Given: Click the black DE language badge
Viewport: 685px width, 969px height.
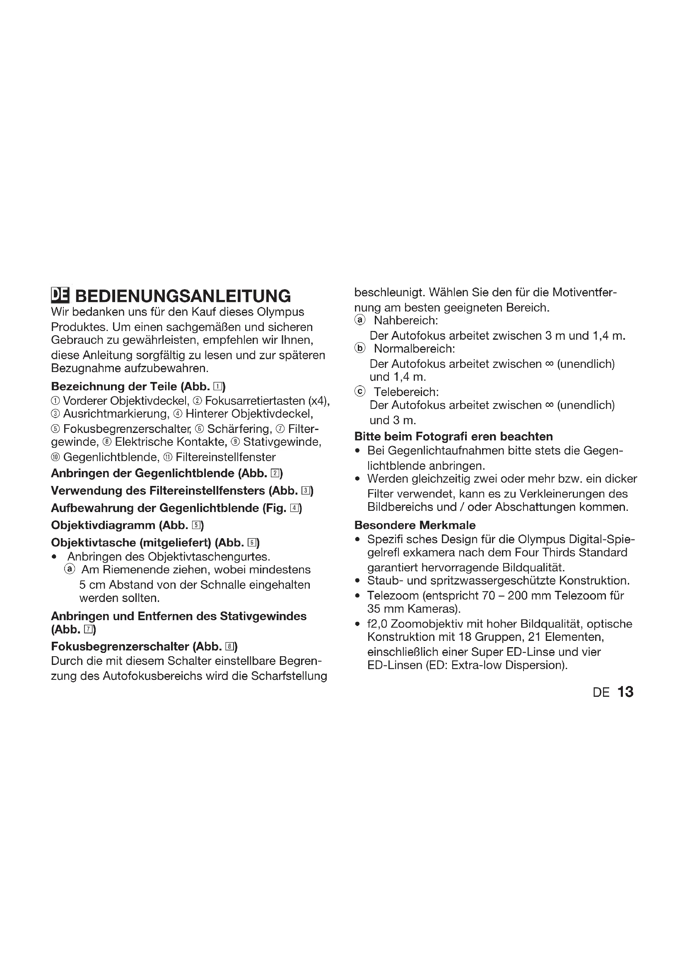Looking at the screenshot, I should click(x=60, y=295).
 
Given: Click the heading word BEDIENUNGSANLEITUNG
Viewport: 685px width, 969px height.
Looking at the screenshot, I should click(x=183, y=296).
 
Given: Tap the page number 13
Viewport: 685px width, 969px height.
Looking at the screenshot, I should click(x=625, y=692).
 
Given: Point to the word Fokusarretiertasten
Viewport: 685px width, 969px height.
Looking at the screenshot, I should click(x=255, y=401).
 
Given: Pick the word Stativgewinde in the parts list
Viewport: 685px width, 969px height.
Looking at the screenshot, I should click(x=282, y=442).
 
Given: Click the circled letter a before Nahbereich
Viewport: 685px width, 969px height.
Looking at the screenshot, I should click(x=359, y=320).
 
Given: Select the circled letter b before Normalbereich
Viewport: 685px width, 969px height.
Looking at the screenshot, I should click(x=359, y=348).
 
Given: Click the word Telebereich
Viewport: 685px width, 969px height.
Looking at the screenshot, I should click(x=406, y=392).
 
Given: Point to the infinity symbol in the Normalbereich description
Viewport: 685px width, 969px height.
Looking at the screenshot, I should click(x=549, y=363).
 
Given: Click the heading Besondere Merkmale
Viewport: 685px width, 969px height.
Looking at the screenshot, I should click(x=415, y=525).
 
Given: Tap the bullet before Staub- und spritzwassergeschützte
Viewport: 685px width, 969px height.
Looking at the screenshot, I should click(x=358, y=581).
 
